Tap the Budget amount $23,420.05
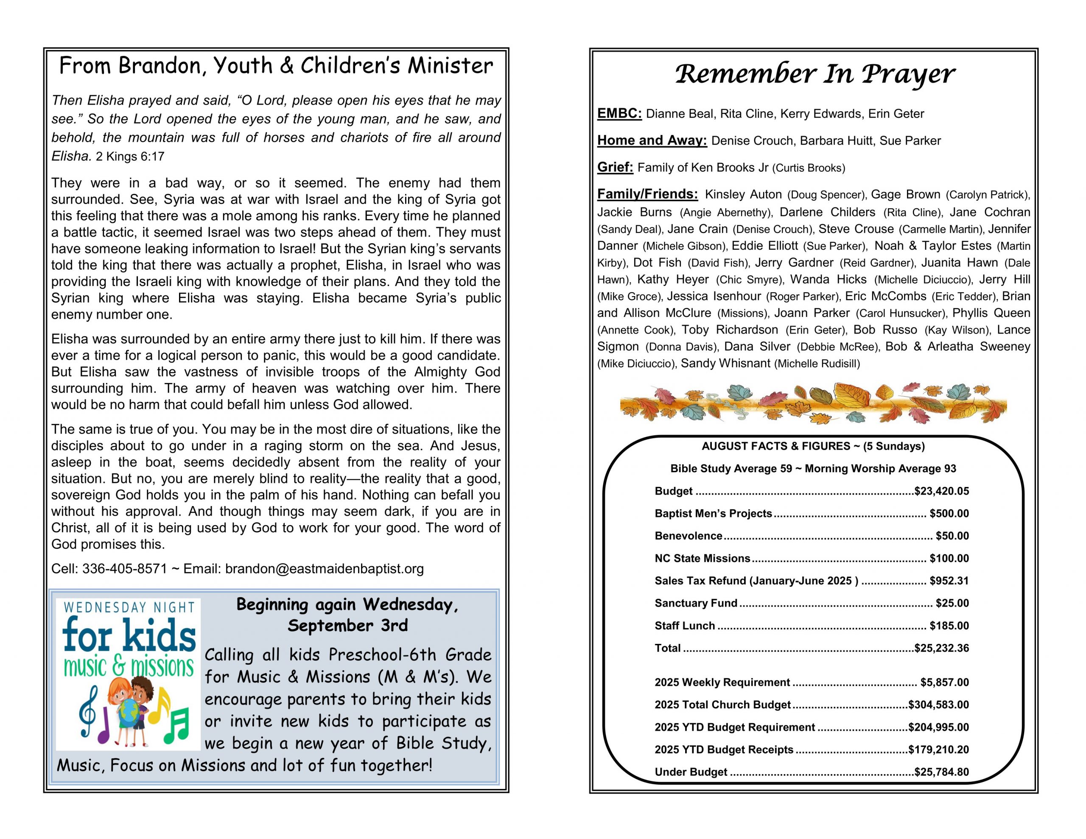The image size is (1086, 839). (941, 491)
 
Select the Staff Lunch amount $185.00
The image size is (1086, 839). (949, 626)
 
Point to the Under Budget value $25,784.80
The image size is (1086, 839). (941, 772)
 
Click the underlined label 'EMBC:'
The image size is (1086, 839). (619, 113)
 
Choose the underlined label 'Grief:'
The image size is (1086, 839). (615, 167)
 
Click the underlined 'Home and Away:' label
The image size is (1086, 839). (652, 140)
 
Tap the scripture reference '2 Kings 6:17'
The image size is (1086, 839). (130, 157)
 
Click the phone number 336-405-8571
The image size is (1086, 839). (125, 569)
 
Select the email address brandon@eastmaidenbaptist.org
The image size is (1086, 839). (324, 569)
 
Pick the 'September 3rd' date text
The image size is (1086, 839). (347, 626)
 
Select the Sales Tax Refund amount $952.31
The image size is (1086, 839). (949, 581)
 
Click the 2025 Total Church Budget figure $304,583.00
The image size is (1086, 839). (938, 705)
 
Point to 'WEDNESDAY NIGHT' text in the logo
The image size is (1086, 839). (129, 607)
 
